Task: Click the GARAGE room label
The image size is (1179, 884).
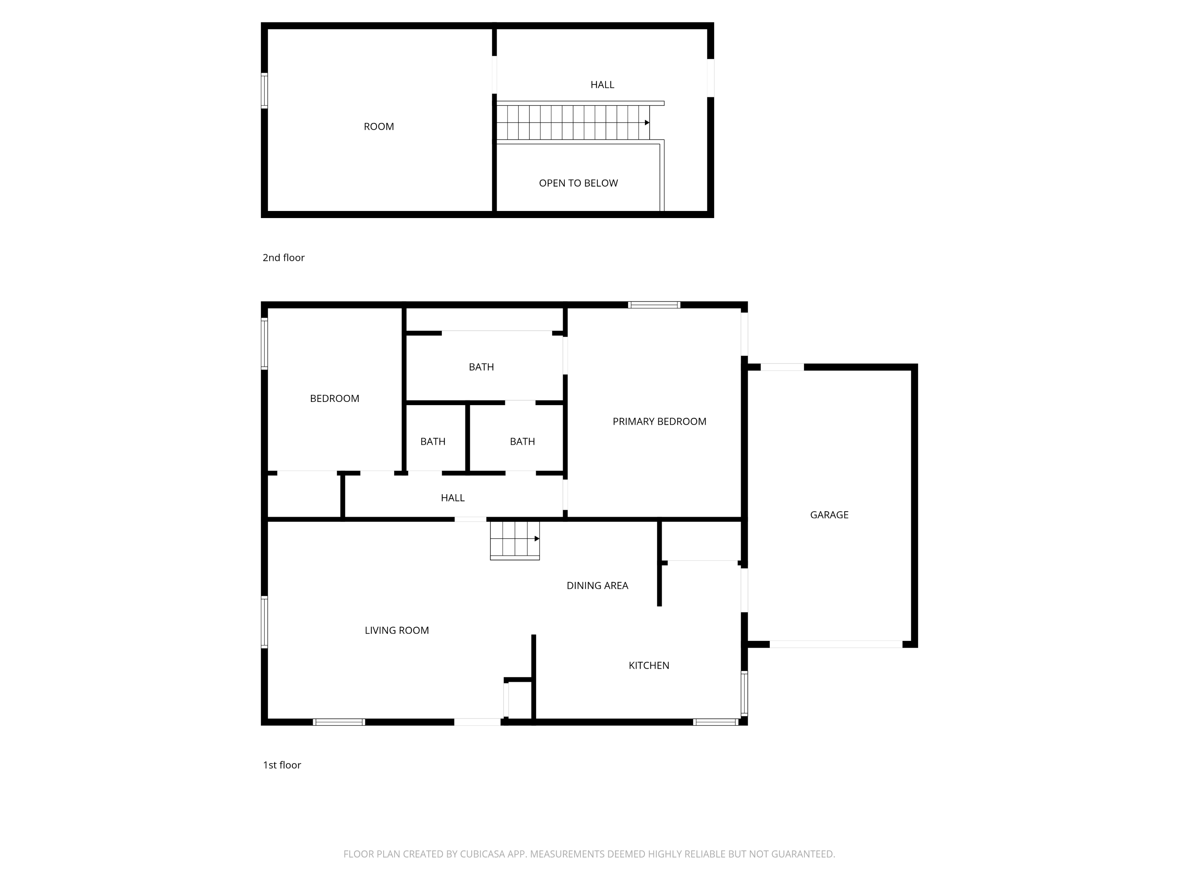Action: tap(829, 515)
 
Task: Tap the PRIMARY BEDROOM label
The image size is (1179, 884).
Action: tap(659, 422)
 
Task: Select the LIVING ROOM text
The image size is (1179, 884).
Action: tap(397, 630)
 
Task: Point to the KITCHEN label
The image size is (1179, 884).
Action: tap(649, 666)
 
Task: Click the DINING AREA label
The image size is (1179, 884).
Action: tap(597, 586)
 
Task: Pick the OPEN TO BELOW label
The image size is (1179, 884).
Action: tap(578, 183)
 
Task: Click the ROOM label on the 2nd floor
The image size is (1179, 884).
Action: tap(378, 127)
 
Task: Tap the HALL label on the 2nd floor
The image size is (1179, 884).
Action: tap(602, 85)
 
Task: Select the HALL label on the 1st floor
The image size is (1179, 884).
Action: tap(452, 498)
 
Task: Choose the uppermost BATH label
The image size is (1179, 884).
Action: tap(481, 367)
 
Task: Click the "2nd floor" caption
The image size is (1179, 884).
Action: tap(284, 258)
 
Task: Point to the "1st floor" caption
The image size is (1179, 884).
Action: tap(282, 765)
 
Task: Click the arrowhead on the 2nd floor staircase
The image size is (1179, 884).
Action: tap(647, 123)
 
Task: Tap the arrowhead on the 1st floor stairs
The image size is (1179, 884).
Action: tap(537, 539)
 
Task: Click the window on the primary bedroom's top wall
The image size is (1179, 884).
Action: tap(654, 305)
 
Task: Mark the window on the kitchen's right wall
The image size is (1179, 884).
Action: tap(745, 693)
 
